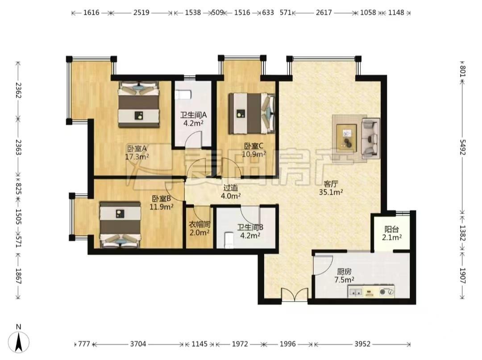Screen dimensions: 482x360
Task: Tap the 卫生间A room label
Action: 193,115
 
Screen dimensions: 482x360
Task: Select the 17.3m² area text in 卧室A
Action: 137,157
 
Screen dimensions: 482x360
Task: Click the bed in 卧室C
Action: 252,113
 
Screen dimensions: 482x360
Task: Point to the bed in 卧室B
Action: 120,225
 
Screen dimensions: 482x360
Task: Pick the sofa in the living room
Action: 370,137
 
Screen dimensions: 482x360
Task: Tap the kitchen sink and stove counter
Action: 371,291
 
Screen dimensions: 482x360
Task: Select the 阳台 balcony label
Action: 392,230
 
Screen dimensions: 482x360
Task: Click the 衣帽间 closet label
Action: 199,224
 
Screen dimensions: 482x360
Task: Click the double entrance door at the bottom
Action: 295,294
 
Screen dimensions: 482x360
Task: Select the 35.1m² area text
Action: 331,193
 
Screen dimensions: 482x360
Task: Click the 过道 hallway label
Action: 231,188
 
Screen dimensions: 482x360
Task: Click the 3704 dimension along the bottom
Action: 138,343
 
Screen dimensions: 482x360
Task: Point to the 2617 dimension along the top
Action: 324,13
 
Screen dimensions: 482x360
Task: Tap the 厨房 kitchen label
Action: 344,272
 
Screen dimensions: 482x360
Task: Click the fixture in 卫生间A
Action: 183,94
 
